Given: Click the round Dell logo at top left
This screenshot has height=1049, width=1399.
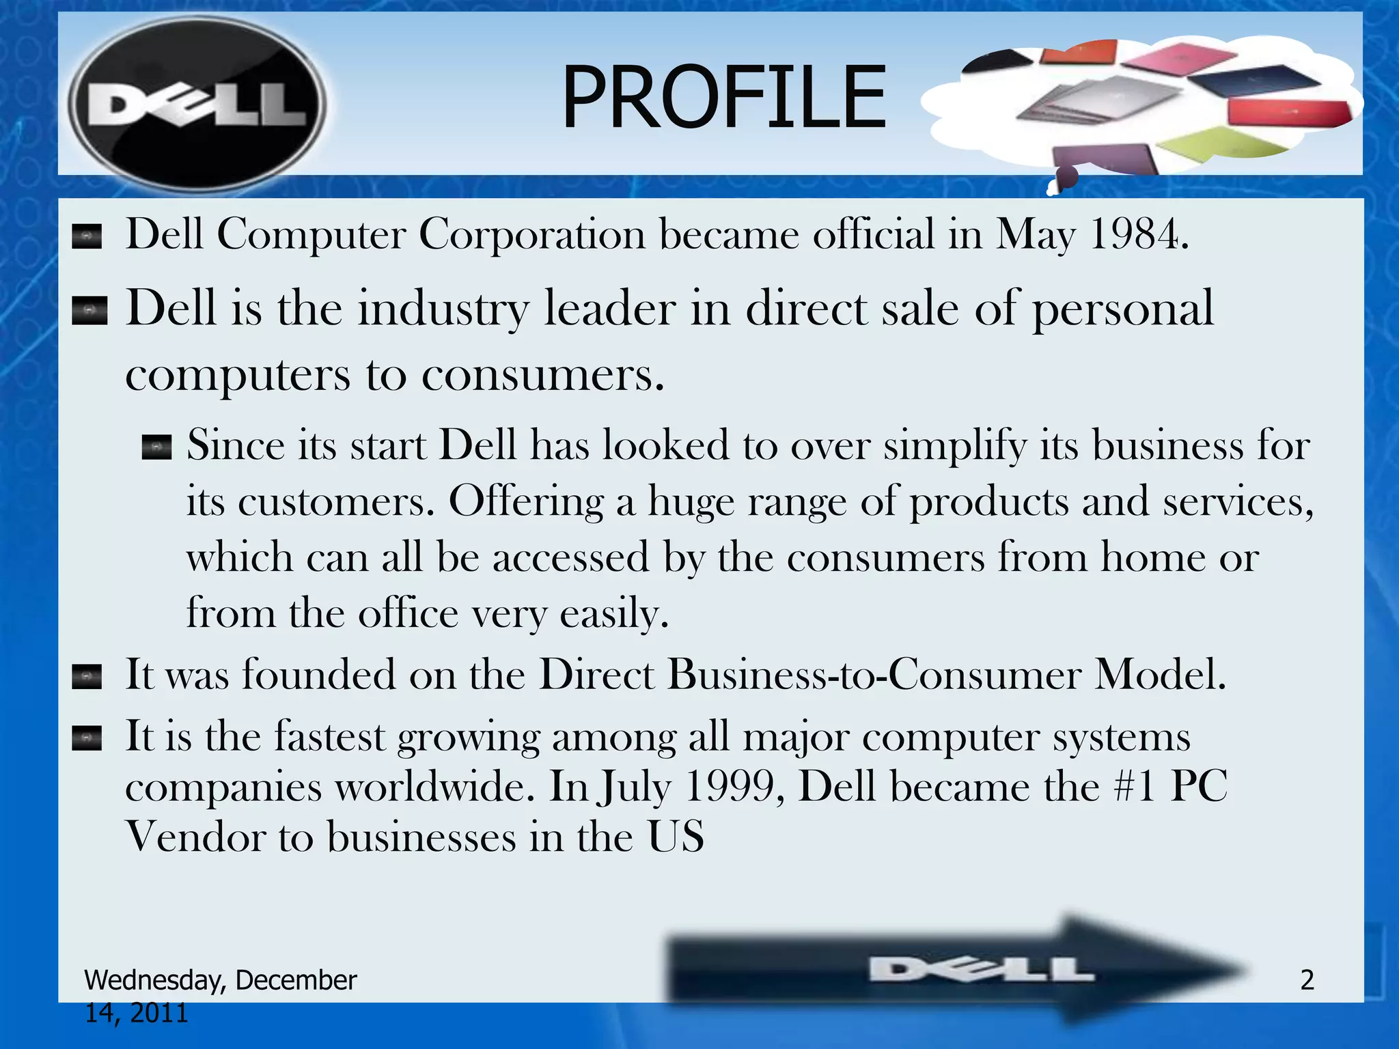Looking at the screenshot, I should (x=197, y=104).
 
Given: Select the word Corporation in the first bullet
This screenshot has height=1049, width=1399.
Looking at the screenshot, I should (x=531, y=234).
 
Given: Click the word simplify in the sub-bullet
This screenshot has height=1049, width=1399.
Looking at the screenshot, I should (x=954, y=445).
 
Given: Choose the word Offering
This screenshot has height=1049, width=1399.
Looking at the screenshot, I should (x=526, y=502).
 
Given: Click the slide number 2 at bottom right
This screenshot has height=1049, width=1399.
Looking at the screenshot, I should (x=1307, y=980).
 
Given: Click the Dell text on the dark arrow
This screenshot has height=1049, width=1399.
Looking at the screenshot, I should (x=981, y=970).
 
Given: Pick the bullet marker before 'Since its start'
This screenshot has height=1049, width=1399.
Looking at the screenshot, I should (x=156, y=447).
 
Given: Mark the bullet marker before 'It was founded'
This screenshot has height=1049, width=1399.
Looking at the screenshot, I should (x=87, y=677).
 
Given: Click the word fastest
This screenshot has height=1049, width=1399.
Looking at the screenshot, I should (x=330, y=737).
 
